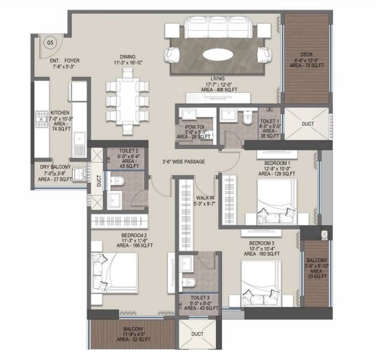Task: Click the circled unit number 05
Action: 49,42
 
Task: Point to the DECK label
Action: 307,56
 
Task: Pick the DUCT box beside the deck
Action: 307,124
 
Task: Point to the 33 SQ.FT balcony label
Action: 317,265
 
